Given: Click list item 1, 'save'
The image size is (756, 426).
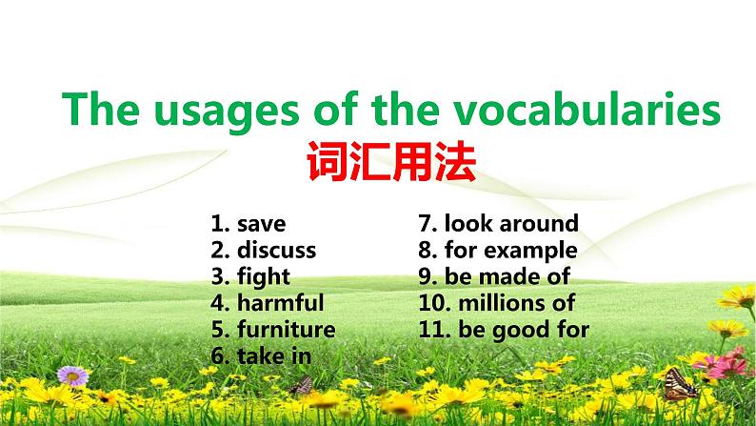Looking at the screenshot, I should (261, 224).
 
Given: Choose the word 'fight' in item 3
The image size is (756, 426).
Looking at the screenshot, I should (264, 277).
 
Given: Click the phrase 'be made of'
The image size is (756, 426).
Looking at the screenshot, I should (507, 277).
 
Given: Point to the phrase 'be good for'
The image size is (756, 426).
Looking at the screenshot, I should (524, 330).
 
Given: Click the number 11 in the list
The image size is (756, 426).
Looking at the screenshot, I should (433, 330).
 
